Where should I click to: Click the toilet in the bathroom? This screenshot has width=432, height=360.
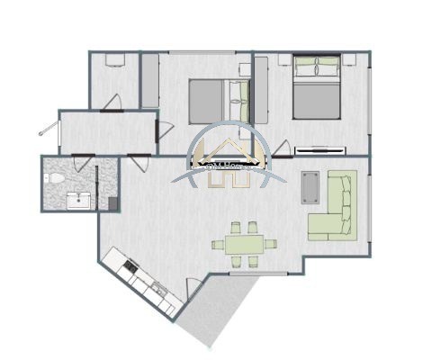click(56, 179)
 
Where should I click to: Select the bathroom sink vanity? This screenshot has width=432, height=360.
click(82, 200)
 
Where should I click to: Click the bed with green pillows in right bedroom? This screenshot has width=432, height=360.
click(318, 88)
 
